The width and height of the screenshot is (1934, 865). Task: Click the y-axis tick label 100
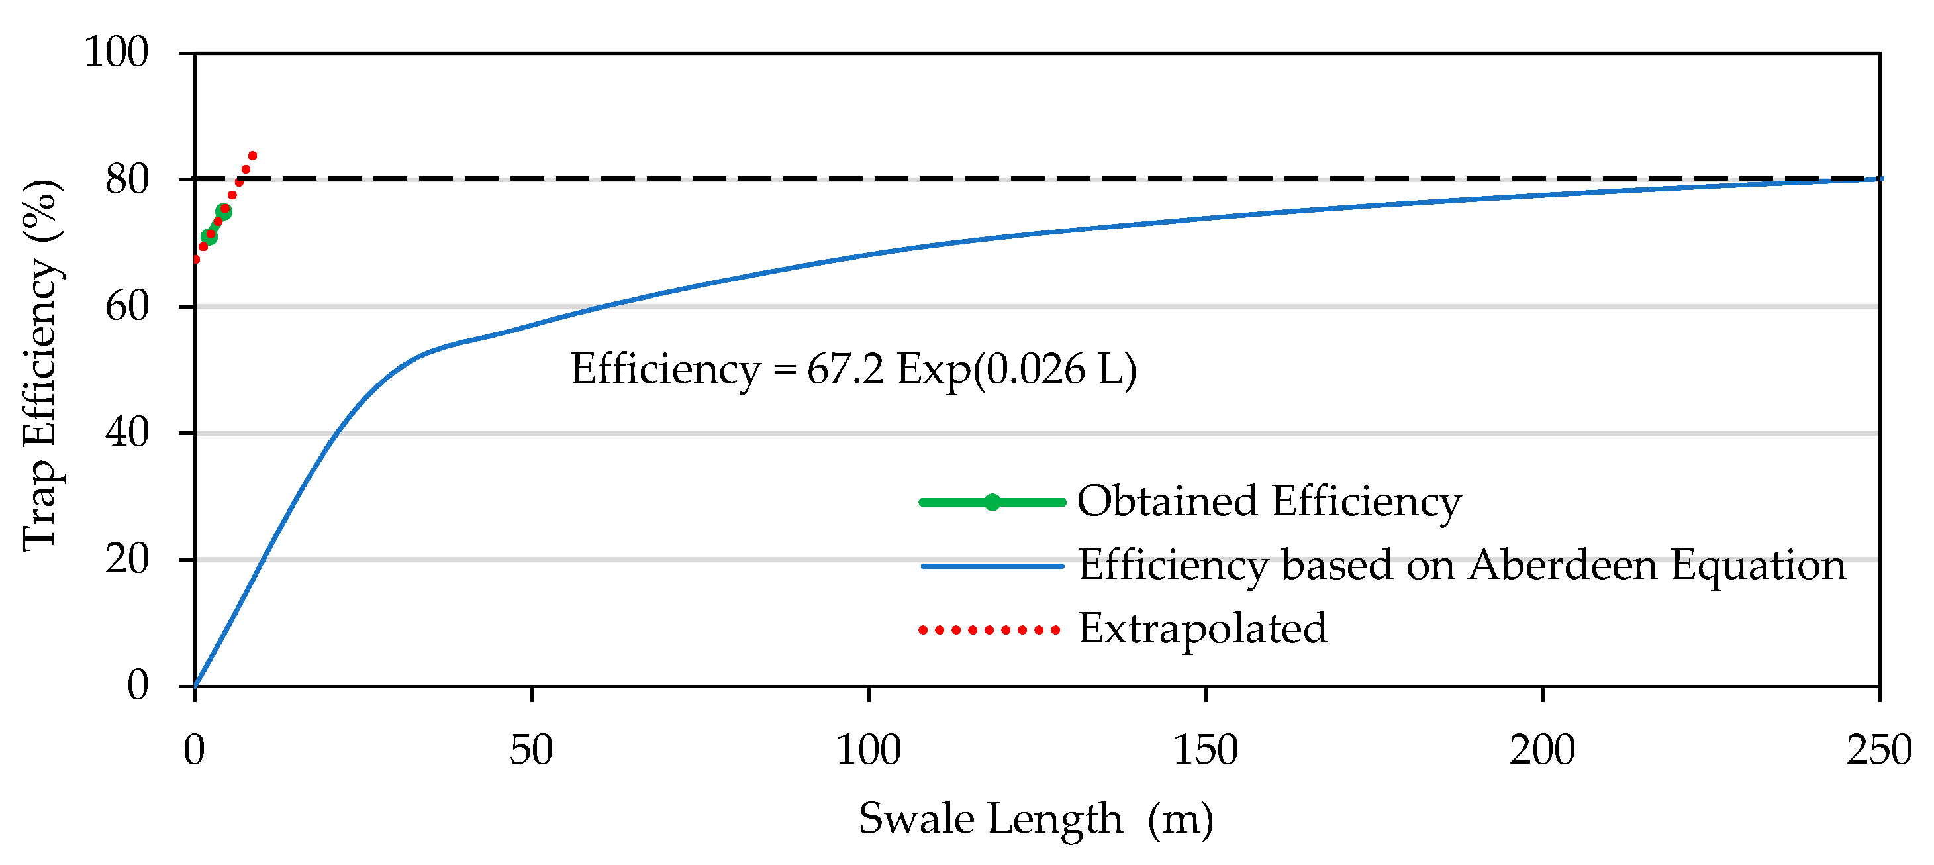(x=116, y=52)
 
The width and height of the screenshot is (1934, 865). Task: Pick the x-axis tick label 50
(x=531, y=750)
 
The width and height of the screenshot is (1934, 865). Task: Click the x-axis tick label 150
(x=1205, y=750)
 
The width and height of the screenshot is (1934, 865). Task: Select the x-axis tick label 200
(x=1542, y=750)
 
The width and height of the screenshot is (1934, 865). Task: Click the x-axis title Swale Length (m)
(x=1036, y=819)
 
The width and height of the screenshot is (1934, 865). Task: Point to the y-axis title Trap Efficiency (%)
(x=40, y=366)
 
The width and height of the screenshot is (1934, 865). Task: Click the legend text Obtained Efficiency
(x=1269, y=501)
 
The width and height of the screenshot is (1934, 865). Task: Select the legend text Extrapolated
(x=1202, y=629)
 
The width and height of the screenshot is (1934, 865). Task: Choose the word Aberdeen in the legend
(x=1562, y=565)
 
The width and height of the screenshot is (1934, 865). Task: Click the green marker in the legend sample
(x=992, y=502)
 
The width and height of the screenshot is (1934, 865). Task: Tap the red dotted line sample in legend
(x=989, y=630)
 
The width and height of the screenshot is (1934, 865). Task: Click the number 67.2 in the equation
(x=845, y=370)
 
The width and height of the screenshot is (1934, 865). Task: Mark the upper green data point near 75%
(x=224, y=212)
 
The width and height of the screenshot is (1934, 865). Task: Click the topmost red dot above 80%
(x=252, y=156)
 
